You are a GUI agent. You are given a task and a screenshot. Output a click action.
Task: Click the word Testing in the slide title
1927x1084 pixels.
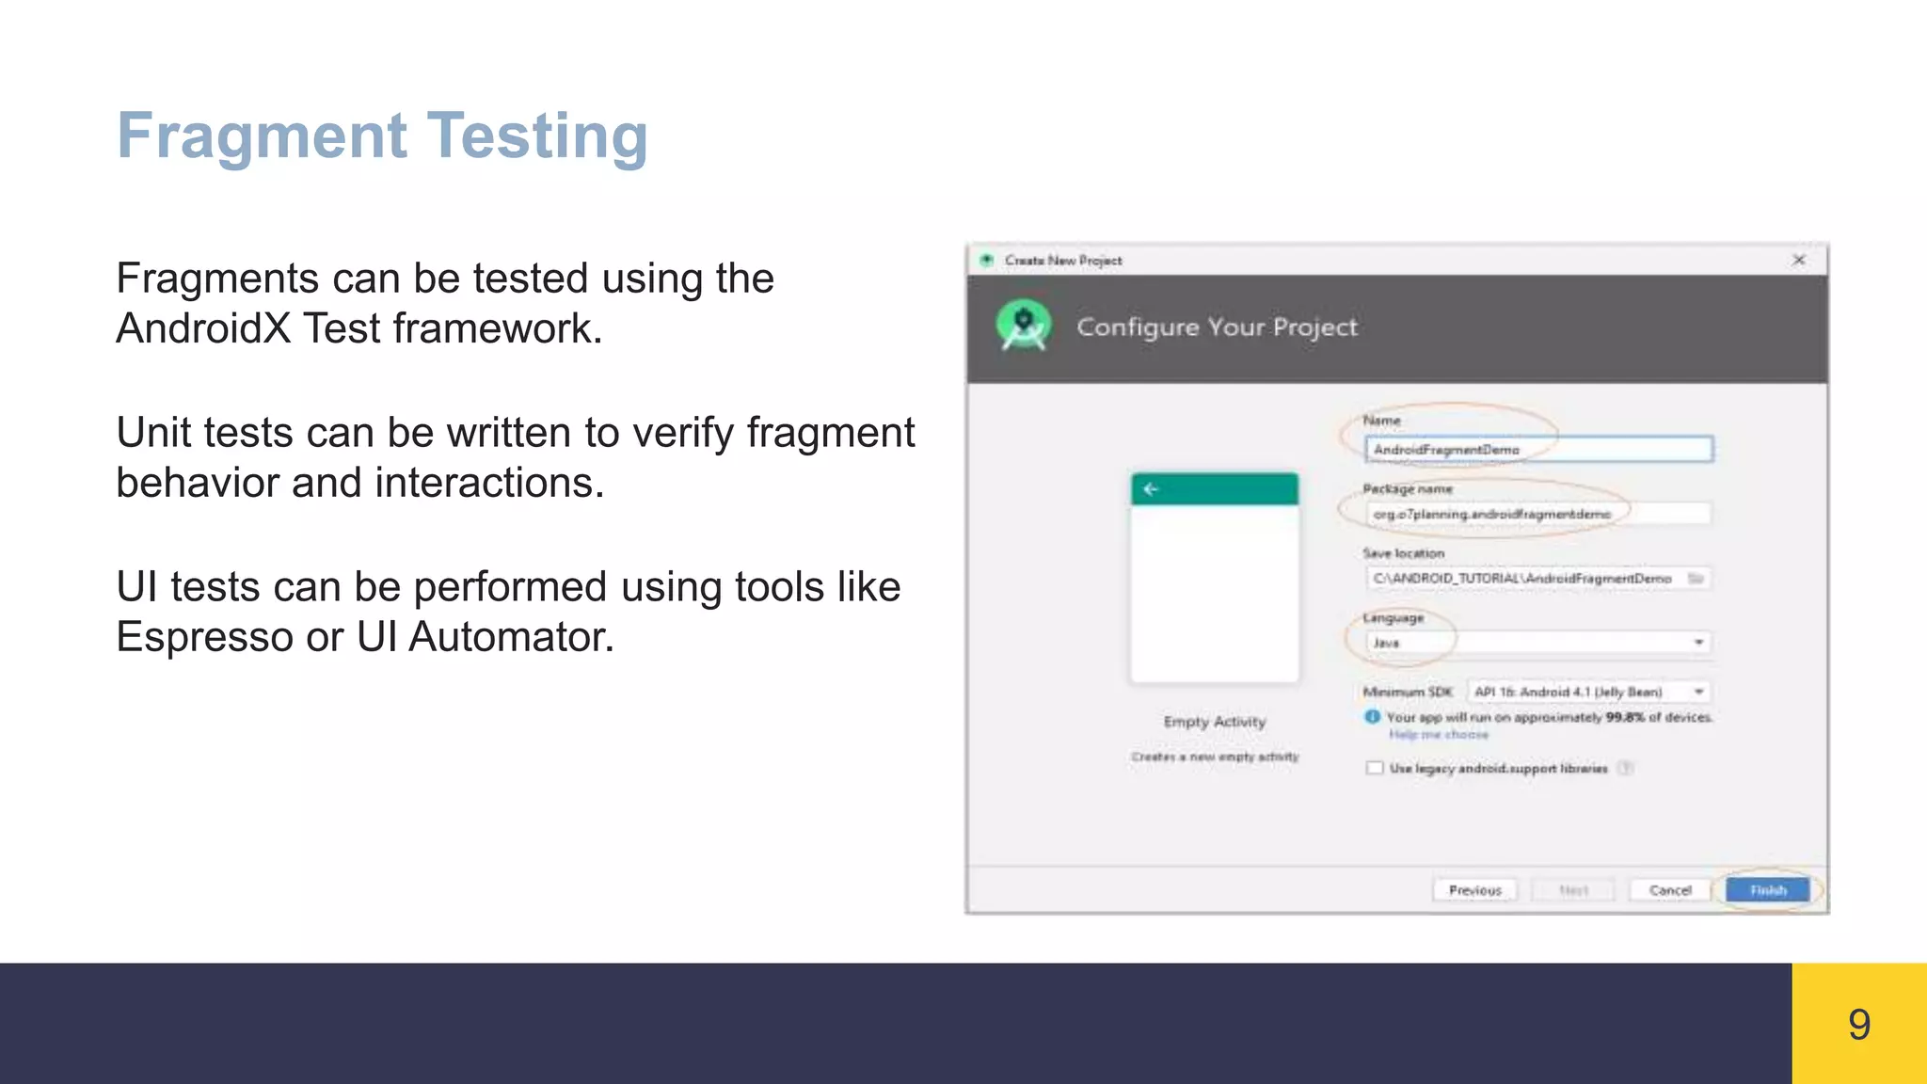pos(537,136)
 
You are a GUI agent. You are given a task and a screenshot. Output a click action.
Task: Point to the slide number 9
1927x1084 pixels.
pos(1858,1024)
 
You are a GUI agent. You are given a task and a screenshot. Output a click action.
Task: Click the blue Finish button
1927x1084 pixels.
pos(1767,890)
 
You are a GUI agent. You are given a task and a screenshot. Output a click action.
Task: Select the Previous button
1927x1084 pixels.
pos(1474,890)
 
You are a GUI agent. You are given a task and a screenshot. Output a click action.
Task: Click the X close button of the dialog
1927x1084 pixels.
pos(1798,260)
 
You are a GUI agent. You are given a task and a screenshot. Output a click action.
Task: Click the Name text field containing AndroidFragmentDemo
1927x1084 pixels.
pos(1537,450)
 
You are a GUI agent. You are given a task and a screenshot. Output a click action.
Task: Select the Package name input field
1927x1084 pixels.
pos(1537,514)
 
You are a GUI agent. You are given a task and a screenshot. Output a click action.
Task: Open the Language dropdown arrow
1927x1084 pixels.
pos(1698,643)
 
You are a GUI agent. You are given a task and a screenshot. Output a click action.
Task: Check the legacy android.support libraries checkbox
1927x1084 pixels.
pos(1375,768)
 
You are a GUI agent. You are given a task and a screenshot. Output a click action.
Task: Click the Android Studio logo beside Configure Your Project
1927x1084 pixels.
pos(1023,326)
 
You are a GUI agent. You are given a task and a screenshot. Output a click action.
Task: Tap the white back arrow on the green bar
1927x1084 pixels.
pos(1150,488)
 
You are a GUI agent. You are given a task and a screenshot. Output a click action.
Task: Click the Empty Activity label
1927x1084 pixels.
pos(1214,722)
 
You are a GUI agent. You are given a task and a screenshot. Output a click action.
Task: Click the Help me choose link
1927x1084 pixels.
pos(1439,735)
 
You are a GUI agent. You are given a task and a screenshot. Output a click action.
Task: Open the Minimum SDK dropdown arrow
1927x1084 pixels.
pos(1698,692)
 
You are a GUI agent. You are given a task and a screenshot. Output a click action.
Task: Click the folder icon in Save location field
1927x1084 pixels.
pos(1695,578)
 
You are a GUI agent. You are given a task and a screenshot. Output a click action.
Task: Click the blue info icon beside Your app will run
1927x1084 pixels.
pos(1372,717)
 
